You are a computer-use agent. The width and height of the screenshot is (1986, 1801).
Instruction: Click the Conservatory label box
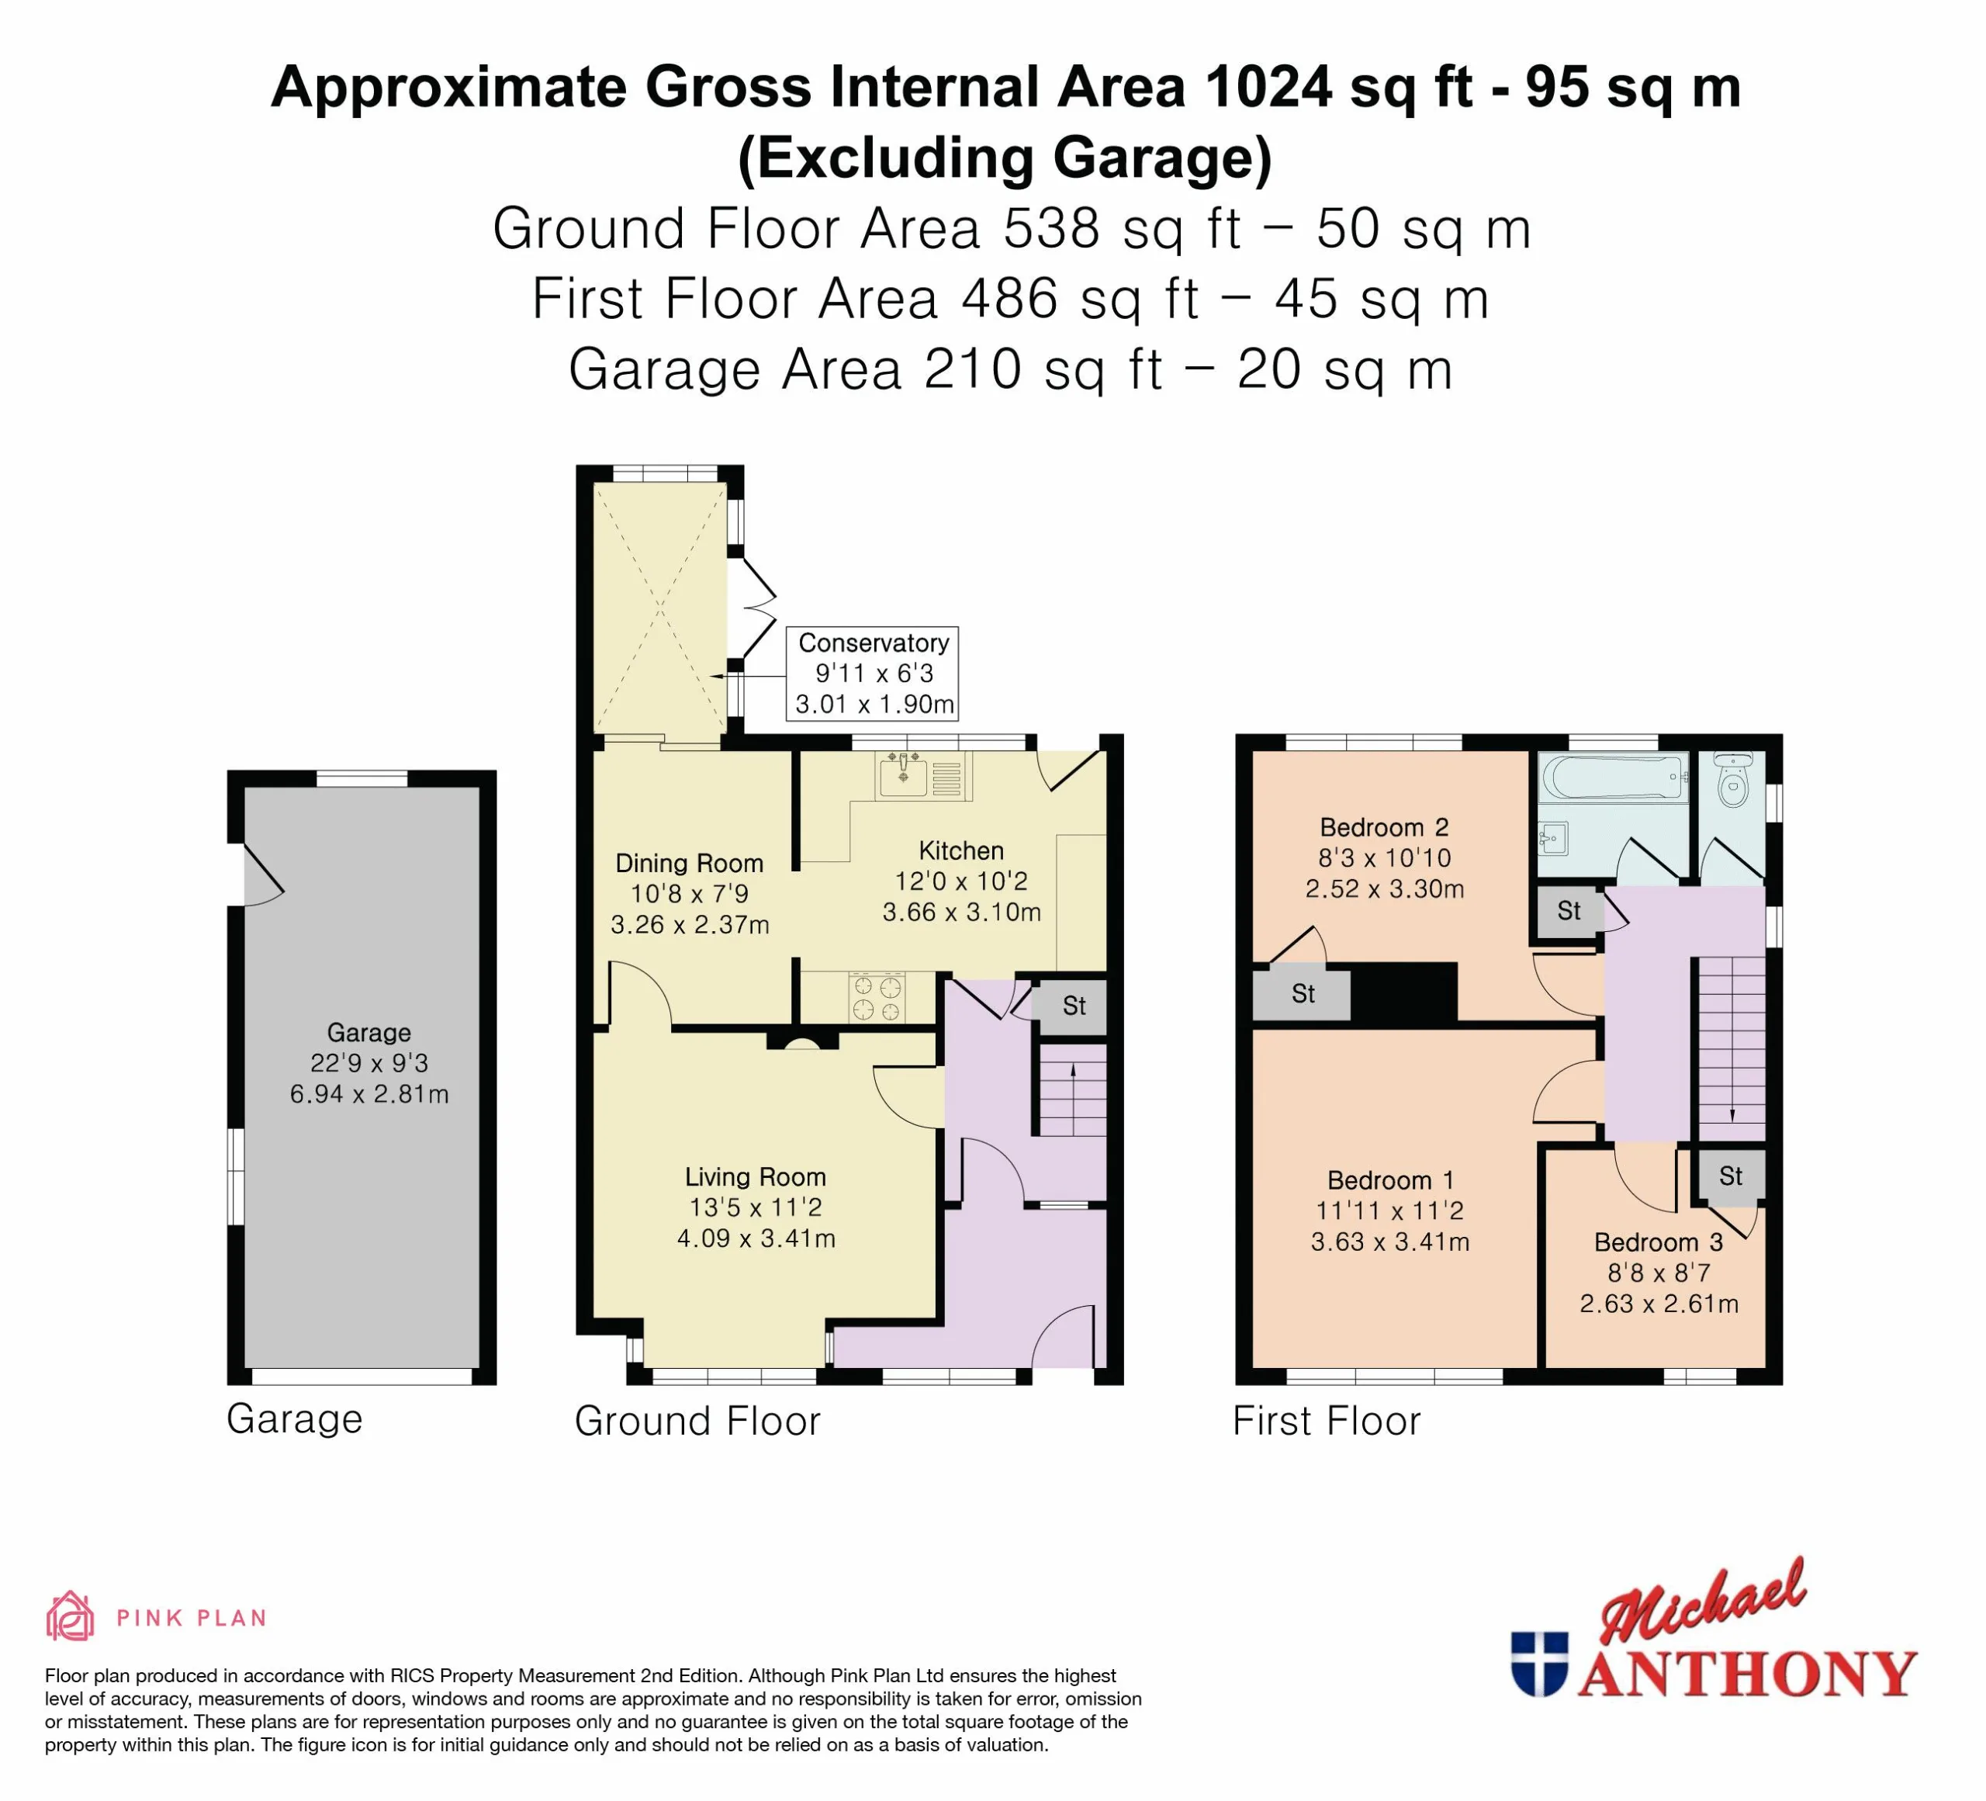tap(872, 673)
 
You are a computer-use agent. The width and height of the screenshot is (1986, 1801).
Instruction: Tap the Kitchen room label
tap(961, 851)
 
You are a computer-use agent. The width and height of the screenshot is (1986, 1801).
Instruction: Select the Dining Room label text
tap(690, 863)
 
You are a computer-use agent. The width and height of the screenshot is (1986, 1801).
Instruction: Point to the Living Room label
tap(756, 1176)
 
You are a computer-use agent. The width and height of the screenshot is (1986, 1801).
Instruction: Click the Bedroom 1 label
tap(1390, 1180)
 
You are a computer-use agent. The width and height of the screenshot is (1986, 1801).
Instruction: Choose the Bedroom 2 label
tap(1384, 828)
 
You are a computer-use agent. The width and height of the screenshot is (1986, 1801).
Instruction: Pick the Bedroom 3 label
tap(1659, 1242)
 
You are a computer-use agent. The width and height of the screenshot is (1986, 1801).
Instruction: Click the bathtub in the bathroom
tap(1613, 778)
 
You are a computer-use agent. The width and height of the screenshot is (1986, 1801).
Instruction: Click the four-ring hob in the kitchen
tap(877, 997)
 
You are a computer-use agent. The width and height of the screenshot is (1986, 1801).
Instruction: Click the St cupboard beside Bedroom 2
tap(1303, 994)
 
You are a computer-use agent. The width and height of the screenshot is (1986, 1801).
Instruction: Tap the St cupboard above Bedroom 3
tap(1731, 1176)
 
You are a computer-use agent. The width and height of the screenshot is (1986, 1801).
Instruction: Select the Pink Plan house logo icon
tap(70, 1617)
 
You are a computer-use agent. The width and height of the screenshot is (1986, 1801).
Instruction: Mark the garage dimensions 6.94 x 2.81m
tap(369, 1093)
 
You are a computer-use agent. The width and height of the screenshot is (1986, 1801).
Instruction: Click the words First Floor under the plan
tap(1327, 1421)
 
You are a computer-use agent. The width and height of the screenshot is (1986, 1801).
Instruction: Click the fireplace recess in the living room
tap(803, 1041)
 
